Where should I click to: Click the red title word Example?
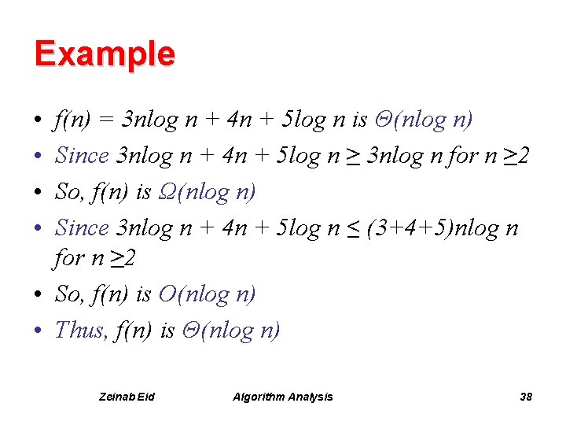[105, 54]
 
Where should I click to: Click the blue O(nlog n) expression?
[207, 294]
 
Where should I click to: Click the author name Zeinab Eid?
[127, 397]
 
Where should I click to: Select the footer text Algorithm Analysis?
[283, 397]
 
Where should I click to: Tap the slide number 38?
[526, 397]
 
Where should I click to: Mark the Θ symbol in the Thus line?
[191, 330]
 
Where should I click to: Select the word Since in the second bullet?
[82, 155]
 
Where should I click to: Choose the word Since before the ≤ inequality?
[82, 227]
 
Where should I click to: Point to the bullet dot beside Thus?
[38, 330]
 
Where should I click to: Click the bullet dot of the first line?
[38, 120]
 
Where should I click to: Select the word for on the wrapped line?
[67, 258]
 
